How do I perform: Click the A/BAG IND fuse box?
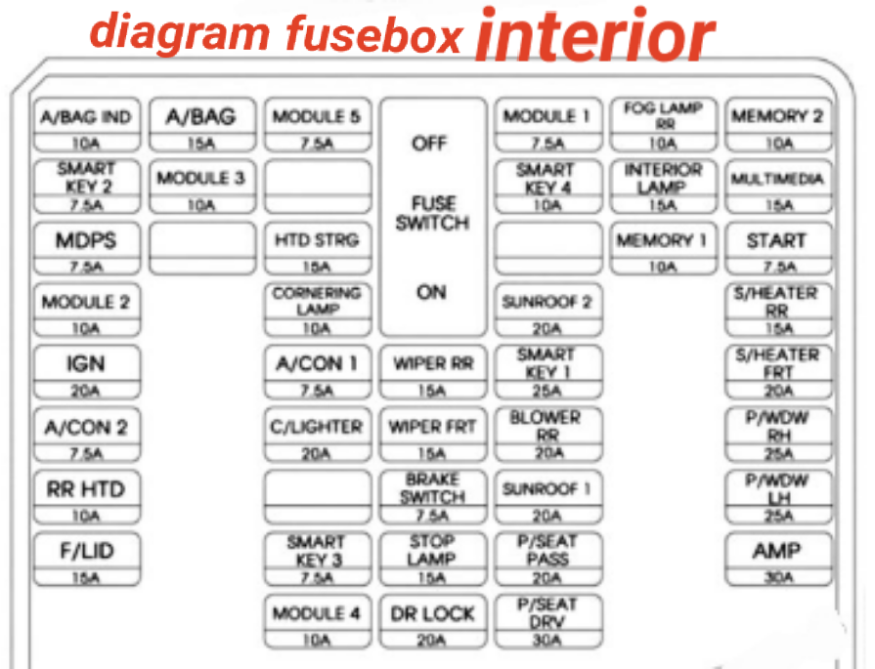pyautogui.click(x=87, y=125)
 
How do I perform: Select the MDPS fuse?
pyautogui.click(x=87, y=249)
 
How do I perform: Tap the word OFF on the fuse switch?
pyautogui.click(x=429, y=144)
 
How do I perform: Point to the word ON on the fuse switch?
pyautogui.click(x=431, y=292)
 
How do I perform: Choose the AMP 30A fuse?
pyautogui.click(x=778, y=560)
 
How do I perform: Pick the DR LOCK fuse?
pyautogui.click(x=432, y=621)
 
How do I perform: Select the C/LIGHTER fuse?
pyautogui.click(x=318, y=436)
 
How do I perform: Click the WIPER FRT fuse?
pyautogui.click(x=432, y=436)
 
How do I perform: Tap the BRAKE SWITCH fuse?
pyautogui.click(x=432, y=497)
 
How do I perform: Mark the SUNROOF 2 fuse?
pyautogui.click(x=548, y=311)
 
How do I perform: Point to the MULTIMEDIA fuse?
pyautogui.click(x=778, y=187)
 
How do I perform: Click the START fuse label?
pyautogui.click(x=776, y=241)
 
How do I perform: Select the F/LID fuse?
pyautogui.click(x=87, y=560)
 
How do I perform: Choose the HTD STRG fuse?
pyautogui.click(x=318, y=249)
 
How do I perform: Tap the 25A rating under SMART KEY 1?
pyautogui.click(x=547, y=391)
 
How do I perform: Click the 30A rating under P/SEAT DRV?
pyautogui.click(x=547, y=640)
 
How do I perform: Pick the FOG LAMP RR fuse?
pyautogui.click(x=663, y=125)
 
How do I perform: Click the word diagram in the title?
pyautogui.click(x=180, y=33)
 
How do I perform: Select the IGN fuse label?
pyautogui.click(x=85, y=364)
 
